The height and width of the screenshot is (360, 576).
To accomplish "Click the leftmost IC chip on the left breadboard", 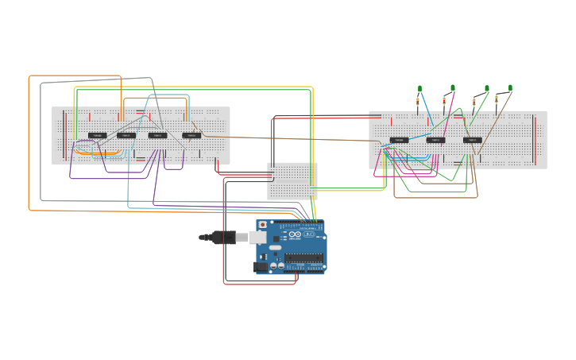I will click(97, 135).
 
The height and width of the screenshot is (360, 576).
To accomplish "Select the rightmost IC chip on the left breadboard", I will click(191, 135).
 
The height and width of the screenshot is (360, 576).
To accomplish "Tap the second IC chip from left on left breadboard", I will click(126, 135).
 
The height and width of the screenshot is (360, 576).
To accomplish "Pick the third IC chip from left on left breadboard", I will click(157, 135).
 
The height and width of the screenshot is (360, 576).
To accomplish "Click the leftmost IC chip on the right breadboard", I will click(399, 140).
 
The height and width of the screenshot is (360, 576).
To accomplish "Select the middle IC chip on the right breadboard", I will click(435, 140).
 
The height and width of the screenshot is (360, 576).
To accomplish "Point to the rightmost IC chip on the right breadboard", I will click(473, 140).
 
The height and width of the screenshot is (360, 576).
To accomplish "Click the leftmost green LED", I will click(419, 88).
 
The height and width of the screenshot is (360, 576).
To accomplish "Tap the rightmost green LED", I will click(511, 87).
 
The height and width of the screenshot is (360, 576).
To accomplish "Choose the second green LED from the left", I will click(453, 87).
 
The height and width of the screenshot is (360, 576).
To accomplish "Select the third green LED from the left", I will click(487, 88).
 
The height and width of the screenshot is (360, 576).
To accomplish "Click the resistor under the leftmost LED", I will click(419, 102).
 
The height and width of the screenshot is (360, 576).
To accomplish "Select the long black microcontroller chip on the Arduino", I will click(304, 257).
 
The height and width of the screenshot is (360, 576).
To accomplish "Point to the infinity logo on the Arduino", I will click(295, 234).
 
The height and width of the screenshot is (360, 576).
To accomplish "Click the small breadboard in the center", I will click(292, 180).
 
